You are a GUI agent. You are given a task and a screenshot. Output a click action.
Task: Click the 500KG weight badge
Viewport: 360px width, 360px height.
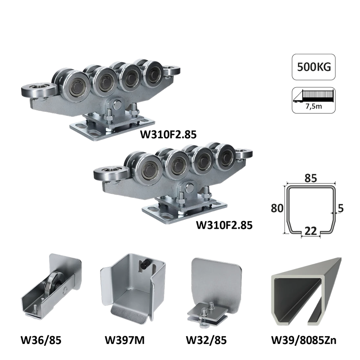[314, 67]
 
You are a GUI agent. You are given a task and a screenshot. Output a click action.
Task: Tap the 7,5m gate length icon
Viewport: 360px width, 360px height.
[314, 100]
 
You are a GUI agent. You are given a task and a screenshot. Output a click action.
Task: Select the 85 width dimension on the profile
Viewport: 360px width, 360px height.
[311, 178]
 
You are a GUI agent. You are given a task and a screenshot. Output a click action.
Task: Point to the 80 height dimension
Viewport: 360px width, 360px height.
[277, 208]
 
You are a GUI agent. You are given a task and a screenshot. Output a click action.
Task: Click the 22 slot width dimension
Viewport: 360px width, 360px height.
[311, 231]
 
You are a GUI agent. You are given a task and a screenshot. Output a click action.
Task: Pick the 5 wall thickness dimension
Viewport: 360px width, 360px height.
[341, 208]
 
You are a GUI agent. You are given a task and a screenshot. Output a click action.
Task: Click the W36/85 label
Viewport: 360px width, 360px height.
[41, 340]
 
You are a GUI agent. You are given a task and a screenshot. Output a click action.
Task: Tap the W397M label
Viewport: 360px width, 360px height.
[125, 340]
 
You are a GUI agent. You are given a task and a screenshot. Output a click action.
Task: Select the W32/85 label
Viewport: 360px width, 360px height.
[206, 340]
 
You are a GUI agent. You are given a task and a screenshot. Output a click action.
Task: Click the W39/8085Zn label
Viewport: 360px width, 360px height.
[304, 340]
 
